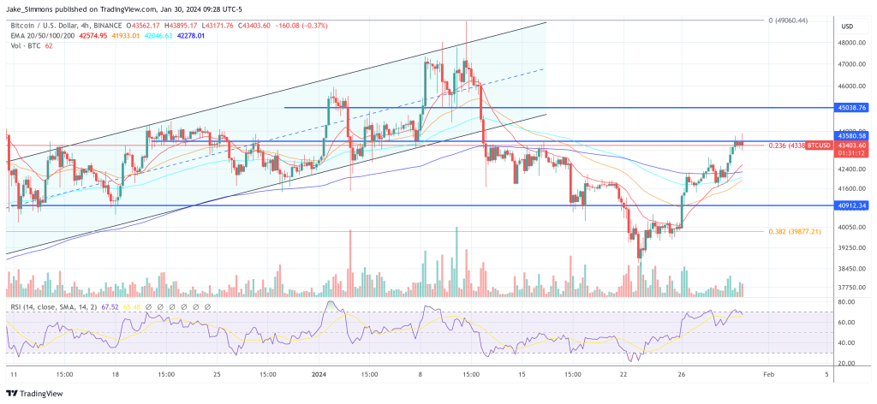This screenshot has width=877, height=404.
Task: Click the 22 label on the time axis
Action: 624,374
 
